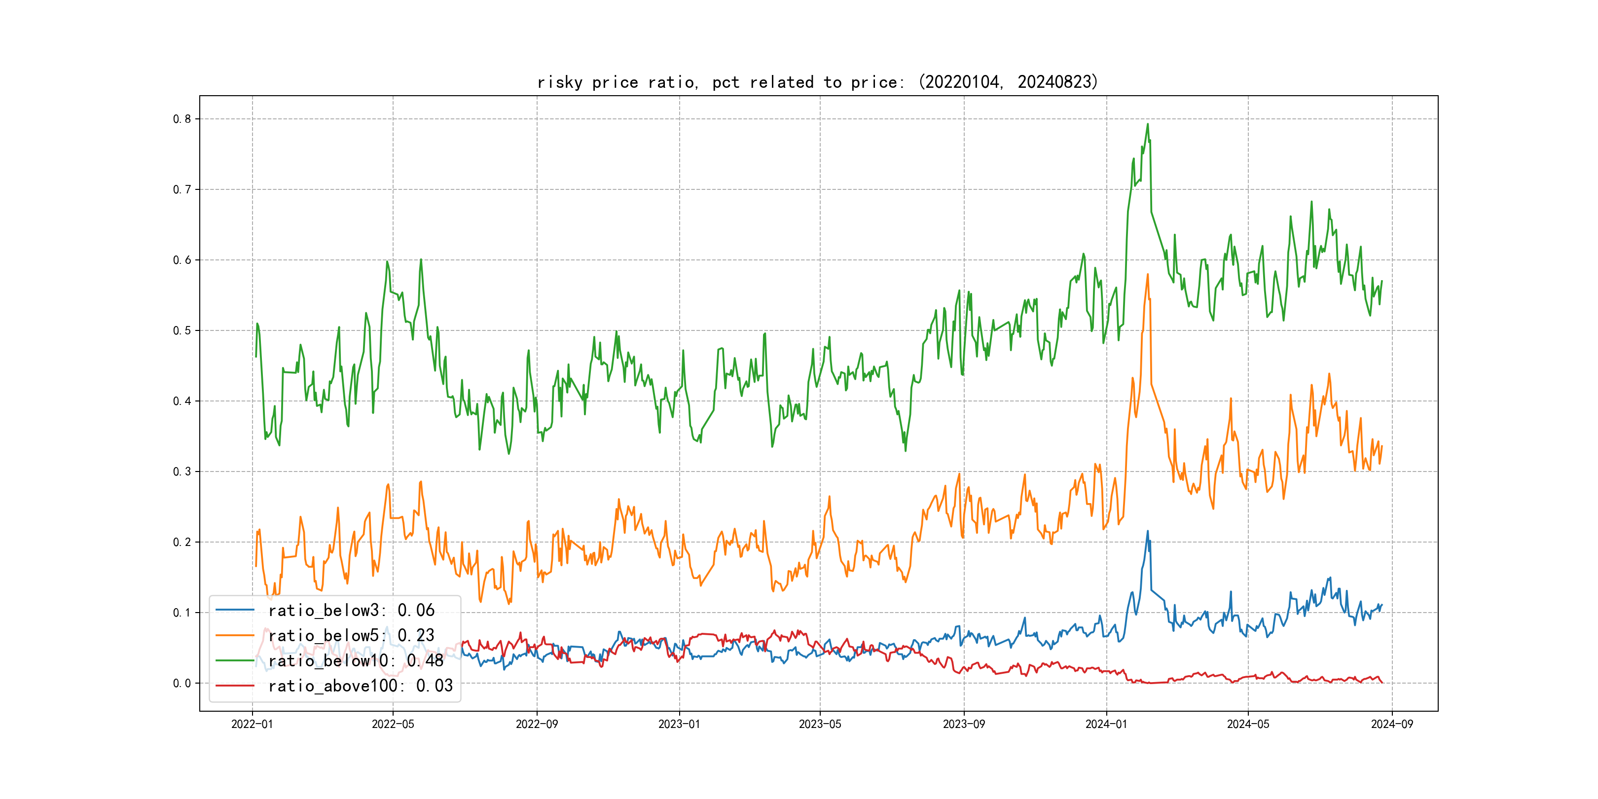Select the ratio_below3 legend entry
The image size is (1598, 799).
coord(351,611)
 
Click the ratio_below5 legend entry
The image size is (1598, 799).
coord(351,635)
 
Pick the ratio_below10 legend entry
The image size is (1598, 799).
coord(356,661)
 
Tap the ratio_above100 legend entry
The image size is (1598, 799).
coord(361,686)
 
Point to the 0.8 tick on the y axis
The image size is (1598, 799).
coord(182,119)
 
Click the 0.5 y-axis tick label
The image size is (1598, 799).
coord(182,330)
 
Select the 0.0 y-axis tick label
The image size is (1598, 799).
coord(182,684)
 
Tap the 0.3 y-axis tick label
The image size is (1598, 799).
coord(182,472)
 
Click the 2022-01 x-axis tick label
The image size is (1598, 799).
coord(252,725)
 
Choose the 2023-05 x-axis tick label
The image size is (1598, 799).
coord(820,725)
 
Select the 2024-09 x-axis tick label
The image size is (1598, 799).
coord(1392,725)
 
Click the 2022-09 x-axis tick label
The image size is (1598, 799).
coord(537,725)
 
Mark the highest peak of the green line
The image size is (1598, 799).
coord(1148,124)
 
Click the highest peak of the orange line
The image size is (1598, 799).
coord(1148,274)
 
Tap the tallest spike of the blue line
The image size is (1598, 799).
coord(1148,531)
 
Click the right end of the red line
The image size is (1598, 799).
coord(1382,683)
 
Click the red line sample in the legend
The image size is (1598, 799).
coord(234,686)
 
